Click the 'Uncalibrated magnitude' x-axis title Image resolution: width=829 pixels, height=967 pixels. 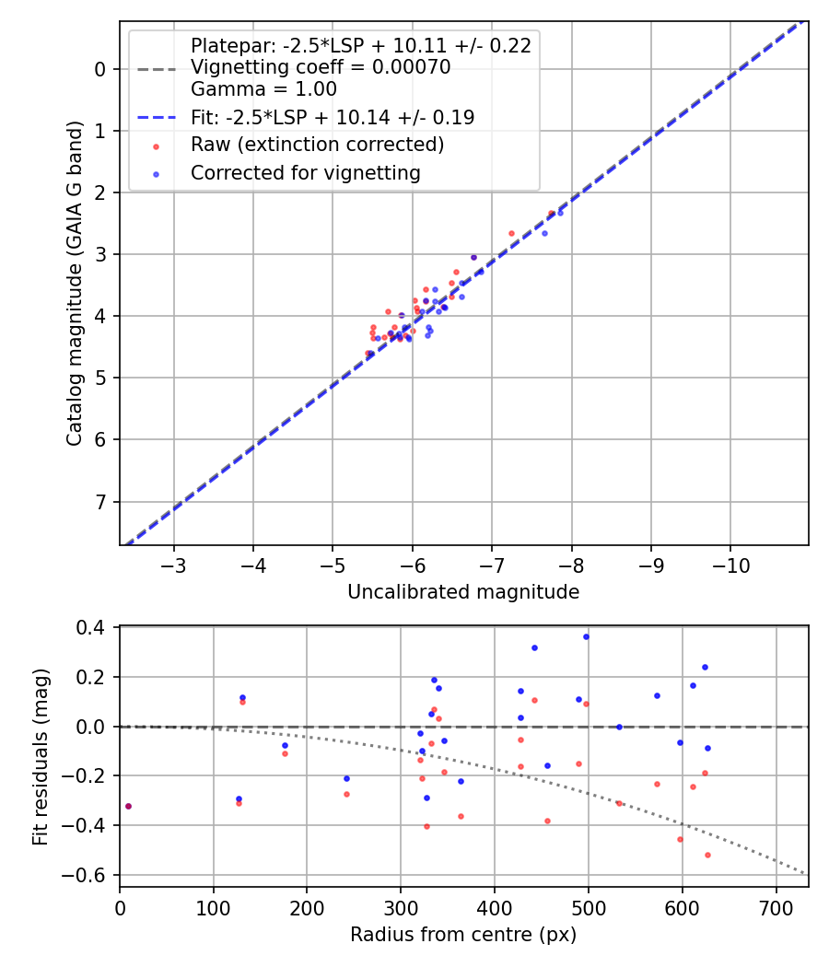[x=463, y=592]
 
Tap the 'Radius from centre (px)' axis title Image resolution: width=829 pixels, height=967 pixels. [x=463, y=935]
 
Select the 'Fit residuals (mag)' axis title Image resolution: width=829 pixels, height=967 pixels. [x=40, y=757]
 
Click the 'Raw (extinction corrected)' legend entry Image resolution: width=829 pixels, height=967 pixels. [x=317, y=145]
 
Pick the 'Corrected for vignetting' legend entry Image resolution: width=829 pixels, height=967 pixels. [x=305, y=172]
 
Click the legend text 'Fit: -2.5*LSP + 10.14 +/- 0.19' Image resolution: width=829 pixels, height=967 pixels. [x=332, y=117]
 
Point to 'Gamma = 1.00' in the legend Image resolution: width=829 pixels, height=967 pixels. [x=263, y=89]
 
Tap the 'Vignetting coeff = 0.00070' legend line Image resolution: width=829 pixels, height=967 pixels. [x=321, y=67]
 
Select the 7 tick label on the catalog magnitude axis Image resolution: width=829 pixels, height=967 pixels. [x=100, y=502]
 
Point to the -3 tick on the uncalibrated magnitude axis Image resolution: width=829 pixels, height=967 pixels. [x=174, y=563]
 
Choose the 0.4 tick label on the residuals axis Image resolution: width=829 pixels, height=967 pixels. [x=99, y=628]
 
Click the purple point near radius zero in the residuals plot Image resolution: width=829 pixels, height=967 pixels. [x=128, y=806]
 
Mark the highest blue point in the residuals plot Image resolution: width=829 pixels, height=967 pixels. [x=586, y=636]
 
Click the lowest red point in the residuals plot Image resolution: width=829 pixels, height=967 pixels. [x=707, y=855]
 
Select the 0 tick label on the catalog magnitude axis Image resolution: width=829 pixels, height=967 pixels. [x=100, y=69]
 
